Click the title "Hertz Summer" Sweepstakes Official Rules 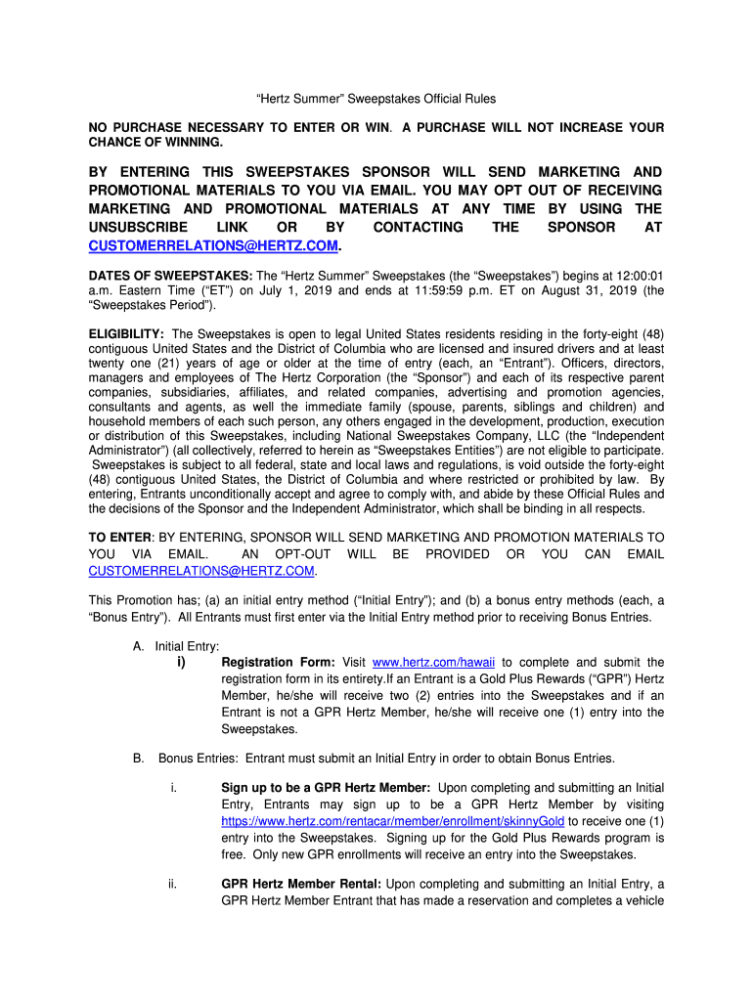pos(376,99)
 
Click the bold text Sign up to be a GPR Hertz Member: pos(326,788)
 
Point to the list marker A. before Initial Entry pos(139,646)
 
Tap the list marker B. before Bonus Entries pos(139,759)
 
